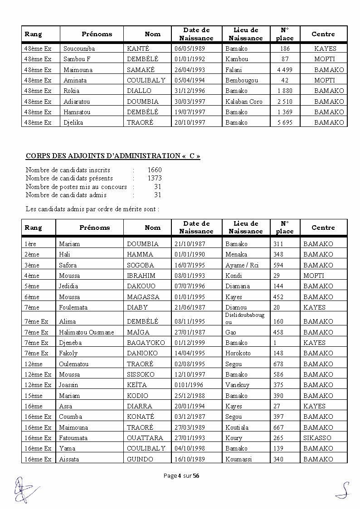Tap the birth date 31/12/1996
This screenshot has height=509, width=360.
tap(189, 90)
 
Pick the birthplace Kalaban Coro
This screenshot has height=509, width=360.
tap(243, 101)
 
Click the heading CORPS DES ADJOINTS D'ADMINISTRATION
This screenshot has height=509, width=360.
tap(113, 156)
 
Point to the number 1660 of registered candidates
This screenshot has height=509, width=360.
tap(155, 170)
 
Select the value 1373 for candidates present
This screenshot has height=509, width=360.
tap(155, 178)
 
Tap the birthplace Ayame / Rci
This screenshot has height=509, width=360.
tap(242, 265)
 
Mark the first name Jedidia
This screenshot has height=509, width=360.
tap(68, 286)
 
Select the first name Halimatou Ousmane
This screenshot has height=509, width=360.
tap(87, 332)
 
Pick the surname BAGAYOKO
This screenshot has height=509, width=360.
tap(146, 343)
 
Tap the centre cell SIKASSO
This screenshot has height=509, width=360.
tap(317, 438)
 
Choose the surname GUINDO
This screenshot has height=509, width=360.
tap(140, 459)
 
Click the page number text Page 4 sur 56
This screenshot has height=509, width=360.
tap(180, 475)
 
